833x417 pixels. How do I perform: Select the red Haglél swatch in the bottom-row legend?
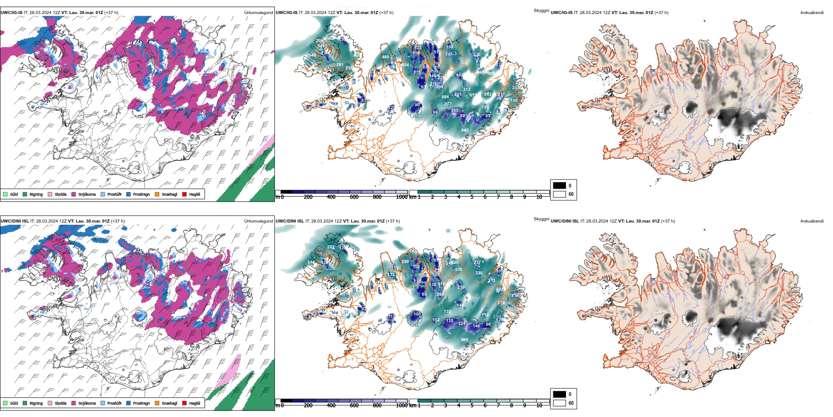pyautogui.click(x=185, y=403)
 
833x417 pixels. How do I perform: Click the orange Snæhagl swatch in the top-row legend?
pyautogui.click(x=157, y=194)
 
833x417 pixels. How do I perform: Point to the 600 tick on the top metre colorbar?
pyautogui.click(x=354, y=197)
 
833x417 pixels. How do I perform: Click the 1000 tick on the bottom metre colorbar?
pyautogui.click(x=402, y=406)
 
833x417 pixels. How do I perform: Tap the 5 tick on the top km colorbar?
pyautogui.click(x=472, y=197)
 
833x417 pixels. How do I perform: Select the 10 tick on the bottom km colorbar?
pyautogui.click(x=539, y=406)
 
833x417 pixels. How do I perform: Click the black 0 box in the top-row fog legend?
pyautogui.click(x=559, y=186)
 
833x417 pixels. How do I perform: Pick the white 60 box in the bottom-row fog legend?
pyautogui.click(x=559, y=403)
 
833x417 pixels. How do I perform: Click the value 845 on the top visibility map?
pyautogui.click(x=465, y=130)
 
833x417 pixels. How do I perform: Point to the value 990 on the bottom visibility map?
pyautogui.click(x=464, y=340)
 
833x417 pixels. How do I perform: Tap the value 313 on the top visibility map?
pyautogui.click(x=466, y=90)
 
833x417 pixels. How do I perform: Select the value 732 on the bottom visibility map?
pyautogui.click(x=447, y=312)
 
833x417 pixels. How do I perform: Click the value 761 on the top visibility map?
pyautogui.click(x=340, y=65)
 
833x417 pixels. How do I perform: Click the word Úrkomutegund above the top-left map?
pyautogui.click(x=258, y=13)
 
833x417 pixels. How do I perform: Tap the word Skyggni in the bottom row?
pyautogui.click(x=541, y=219)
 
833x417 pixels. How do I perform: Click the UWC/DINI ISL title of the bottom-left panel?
pyautogui.click(x=14, y=221)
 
